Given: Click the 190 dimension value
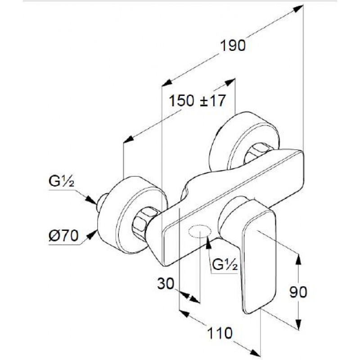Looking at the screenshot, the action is pos(233,45).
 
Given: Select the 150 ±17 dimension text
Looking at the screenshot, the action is pos(197,100).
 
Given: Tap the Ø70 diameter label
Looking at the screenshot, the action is pos(63,235).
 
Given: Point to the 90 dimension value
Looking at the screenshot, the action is pos(298,292).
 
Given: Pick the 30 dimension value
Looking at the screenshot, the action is pos(166,283).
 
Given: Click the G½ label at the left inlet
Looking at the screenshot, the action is pos(61,181).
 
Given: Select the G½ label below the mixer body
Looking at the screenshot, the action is pos(225,265).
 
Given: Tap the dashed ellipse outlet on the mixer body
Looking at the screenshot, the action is pos(199,232).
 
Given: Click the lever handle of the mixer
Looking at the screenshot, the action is pos(257,255).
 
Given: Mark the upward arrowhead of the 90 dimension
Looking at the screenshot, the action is pos(298,258).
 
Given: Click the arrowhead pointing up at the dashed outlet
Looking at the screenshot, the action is pos(208,243).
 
